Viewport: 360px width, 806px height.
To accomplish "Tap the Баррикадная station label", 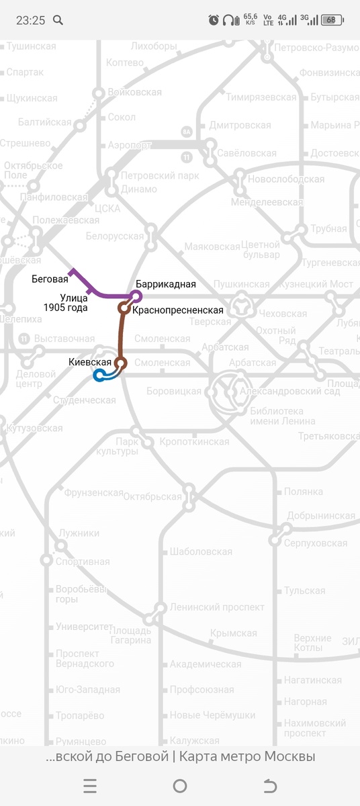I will (x=165, y=284).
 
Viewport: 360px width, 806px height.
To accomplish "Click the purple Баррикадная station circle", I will (x=137, y=296).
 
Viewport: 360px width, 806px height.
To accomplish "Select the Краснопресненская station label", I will (x=177, y=310).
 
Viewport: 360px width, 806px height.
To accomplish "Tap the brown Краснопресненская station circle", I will (x=124, y=308).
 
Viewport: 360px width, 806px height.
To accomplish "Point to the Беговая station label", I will (x=50, y=278).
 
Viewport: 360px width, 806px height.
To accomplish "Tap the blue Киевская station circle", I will (x=99, y=375).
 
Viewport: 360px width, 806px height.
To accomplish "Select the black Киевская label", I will (x=89, y=362).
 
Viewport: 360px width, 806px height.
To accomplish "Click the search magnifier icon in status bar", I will (x=58, y=20).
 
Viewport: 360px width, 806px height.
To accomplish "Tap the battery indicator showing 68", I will (x=332, y=20).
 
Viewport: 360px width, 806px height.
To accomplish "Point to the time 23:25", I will (x=30, y=20).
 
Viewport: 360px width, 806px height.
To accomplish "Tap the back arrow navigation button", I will (x=270, y=786).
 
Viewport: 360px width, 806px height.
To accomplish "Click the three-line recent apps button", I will (x=90, y=786).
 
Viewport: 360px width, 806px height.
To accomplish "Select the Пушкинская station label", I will (x=240, y=285).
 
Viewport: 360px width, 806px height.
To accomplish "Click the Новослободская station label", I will (x=286, y=179).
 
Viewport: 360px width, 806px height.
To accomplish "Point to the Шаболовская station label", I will (x=201, y=552).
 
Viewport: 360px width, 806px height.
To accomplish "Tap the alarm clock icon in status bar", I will (x=214, y=20).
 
